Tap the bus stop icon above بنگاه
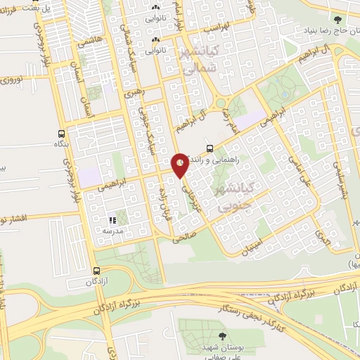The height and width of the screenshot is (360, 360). [x=62, y=132]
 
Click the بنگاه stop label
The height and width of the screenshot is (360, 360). [x=62, y=143]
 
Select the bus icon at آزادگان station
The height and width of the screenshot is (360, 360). [x=96, y=271]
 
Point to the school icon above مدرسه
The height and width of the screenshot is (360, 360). [x=112, y=221]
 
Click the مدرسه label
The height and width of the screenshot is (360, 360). [x=112, y=231]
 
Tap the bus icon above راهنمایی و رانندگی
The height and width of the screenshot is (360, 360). [x=210, y=148]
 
